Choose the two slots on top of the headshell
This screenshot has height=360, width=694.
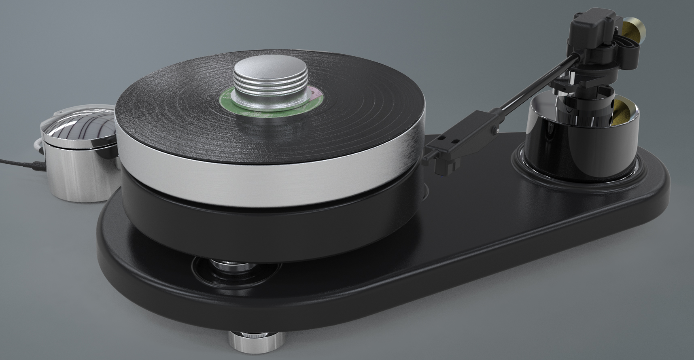click(450, 140)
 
